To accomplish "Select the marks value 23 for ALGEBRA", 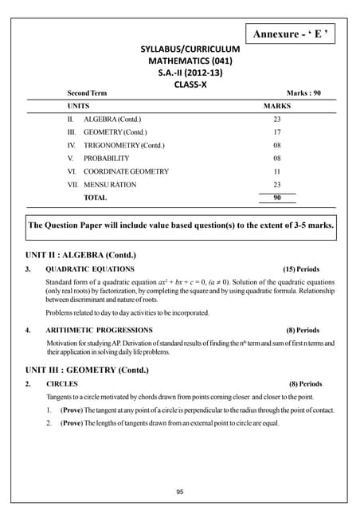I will pyautogui.click(x=277, y=118).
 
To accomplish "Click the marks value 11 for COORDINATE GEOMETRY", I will pyautogui.click(x=277, y=171).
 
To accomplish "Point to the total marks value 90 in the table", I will pyautogui.click(x=277, y=198).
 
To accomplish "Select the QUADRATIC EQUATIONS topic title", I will pyautogui.click(x=90, y=269).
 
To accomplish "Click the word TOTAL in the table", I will pyautogui.click(x=96, y=198).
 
